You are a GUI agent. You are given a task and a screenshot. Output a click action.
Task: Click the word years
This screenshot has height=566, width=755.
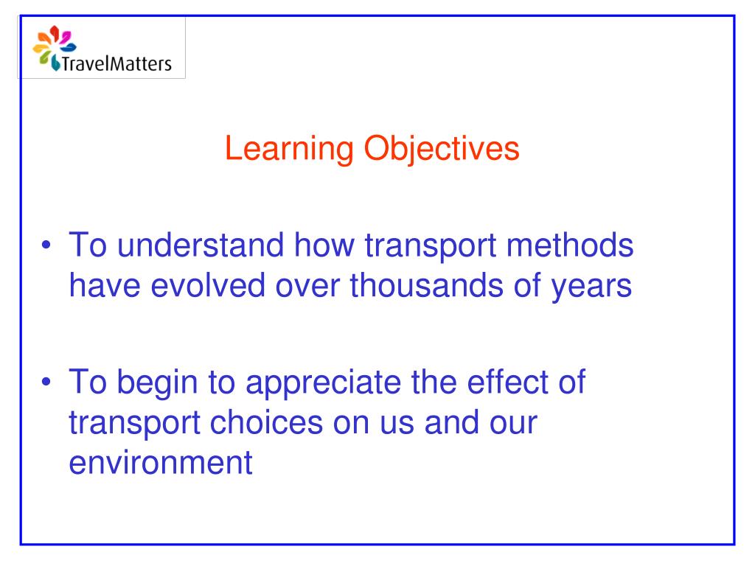coord(591,286)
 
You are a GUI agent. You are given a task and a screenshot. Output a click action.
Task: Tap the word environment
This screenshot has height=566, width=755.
coord(156,464)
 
